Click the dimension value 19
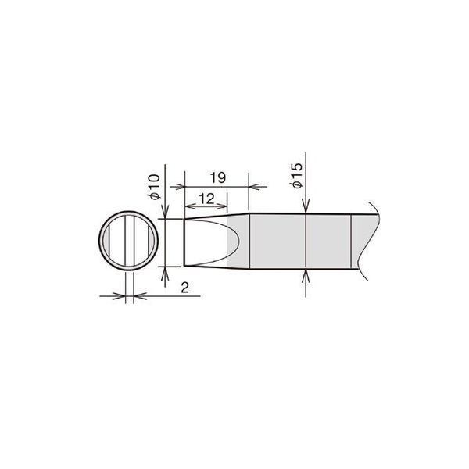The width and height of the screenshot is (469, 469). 218,178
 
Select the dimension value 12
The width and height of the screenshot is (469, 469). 206,199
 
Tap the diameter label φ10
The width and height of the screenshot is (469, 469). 154,187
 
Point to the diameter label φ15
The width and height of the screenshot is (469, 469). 296,176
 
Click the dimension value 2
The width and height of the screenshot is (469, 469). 185,288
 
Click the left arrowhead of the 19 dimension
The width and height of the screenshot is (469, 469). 180,187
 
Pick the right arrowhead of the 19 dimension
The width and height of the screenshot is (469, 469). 253,187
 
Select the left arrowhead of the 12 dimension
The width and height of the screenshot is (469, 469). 190,206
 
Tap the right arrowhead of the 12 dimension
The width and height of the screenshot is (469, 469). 222,206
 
